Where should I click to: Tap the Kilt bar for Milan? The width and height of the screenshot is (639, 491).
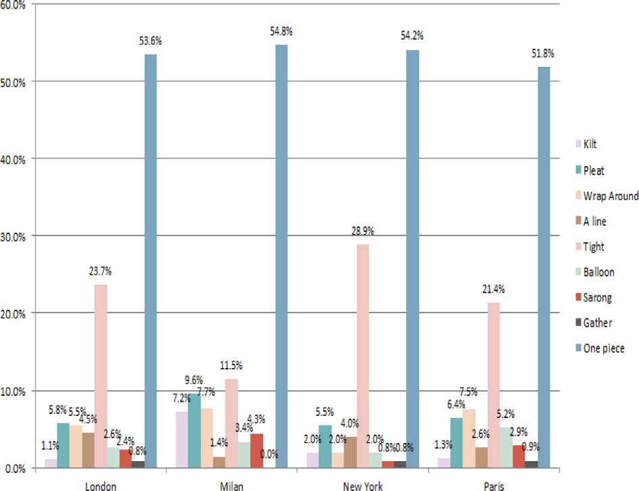click(182, 439)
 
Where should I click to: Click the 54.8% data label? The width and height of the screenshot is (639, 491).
click(282, 32)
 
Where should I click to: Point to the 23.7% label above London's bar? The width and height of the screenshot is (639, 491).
click(100, 271)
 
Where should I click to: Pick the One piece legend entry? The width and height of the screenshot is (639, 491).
click(603, 348)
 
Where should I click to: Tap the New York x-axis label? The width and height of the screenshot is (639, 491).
click(363, 485)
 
